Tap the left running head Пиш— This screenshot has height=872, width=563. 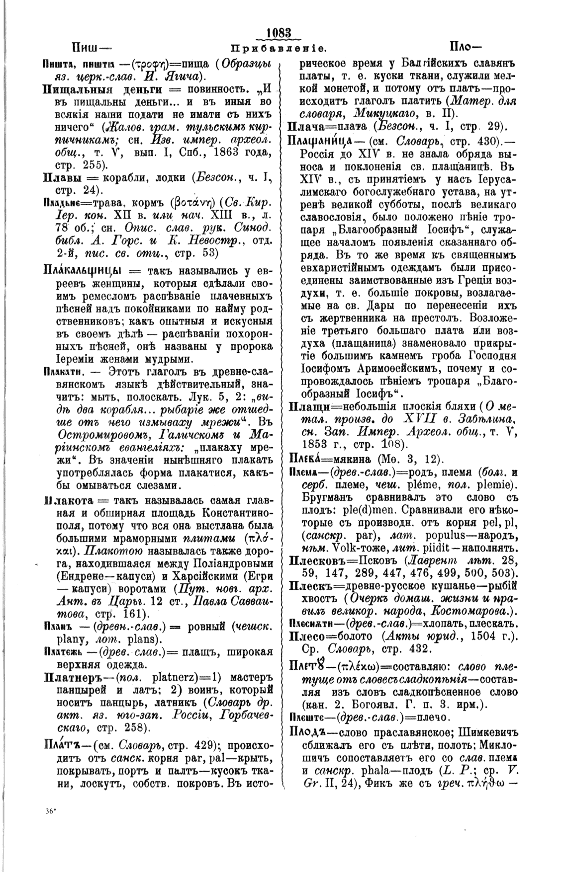91,48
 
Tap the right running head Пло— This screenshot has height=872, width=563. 467,48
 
